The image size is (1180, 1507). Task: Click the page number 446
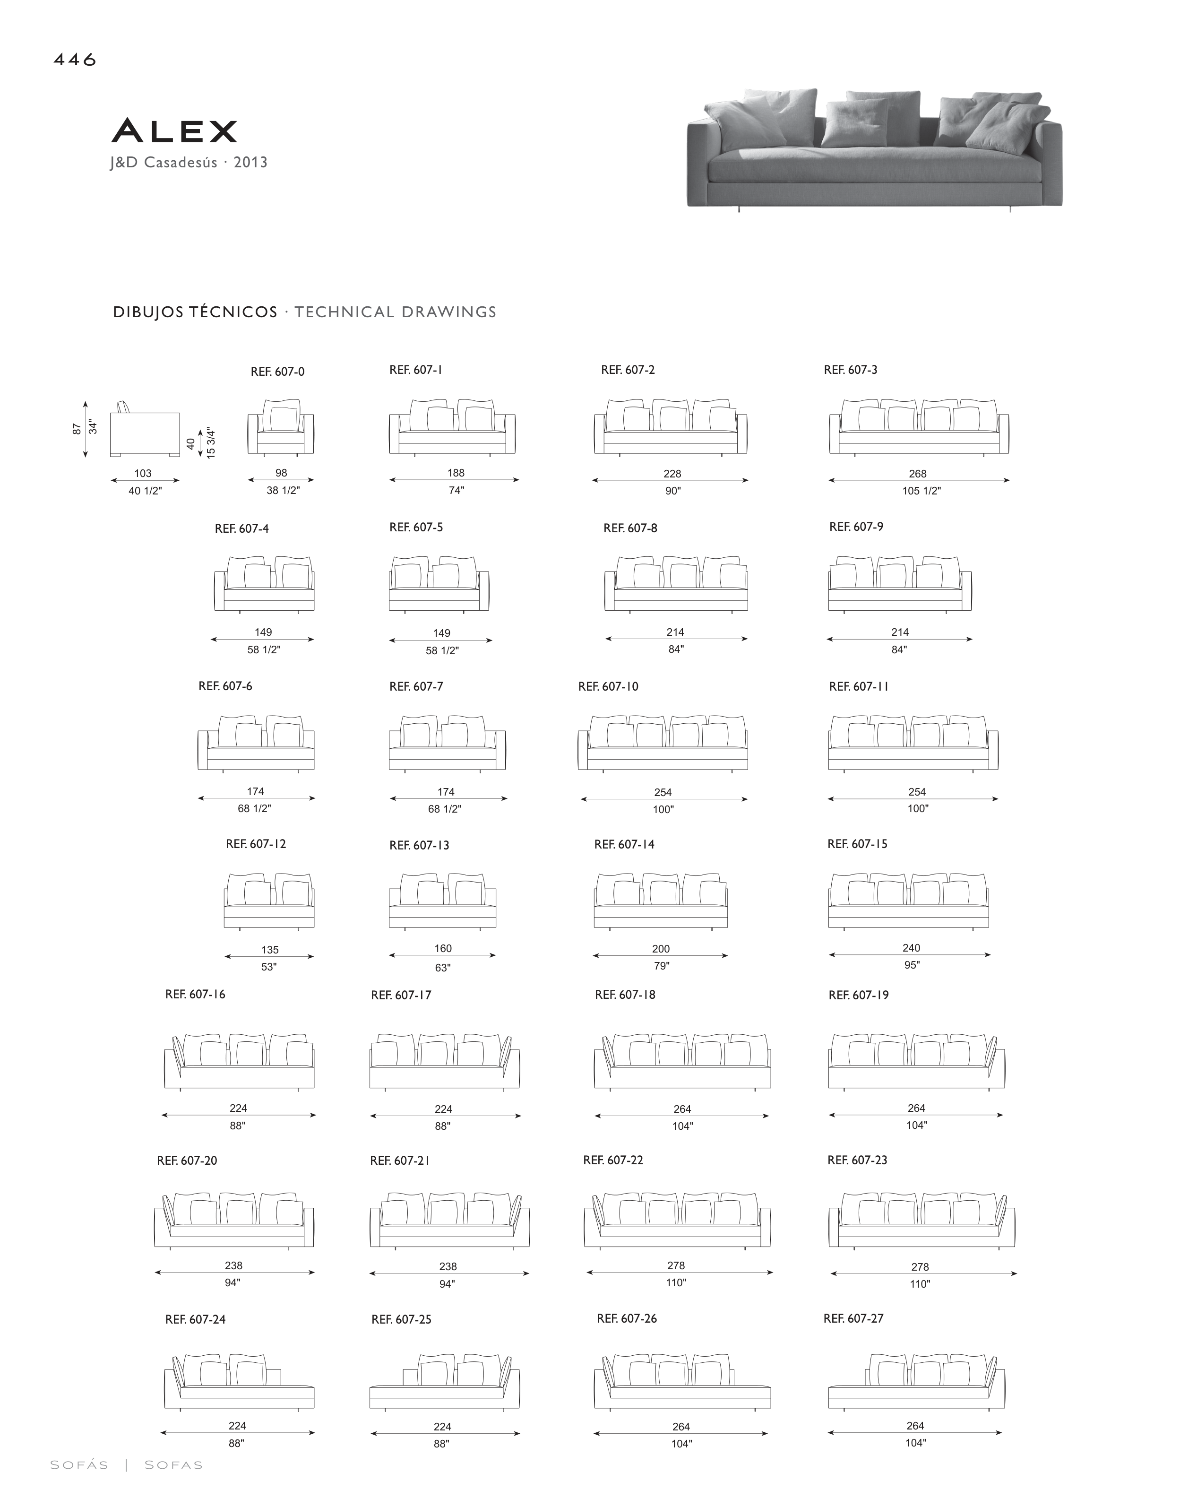coord(75,60)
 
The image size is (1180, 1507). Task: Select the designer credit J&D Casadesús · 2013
coord(189,163)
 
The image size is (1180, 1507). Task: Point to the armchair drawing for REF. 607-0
coord(281,427)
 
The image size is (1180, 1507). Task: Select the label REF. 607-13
coord(419,845)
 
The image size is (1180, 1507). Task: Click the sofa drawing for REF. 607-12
coord(269,901)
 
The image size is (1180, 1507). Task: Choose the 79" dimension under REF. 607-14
coord(661,966)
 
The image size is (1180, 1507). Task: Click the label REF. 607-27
coord(853,1318)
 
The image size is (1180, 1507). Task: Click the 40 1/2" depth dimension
coord(145,491)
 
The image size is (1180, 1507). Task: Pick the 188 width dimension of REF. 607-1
coord(455,473)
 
